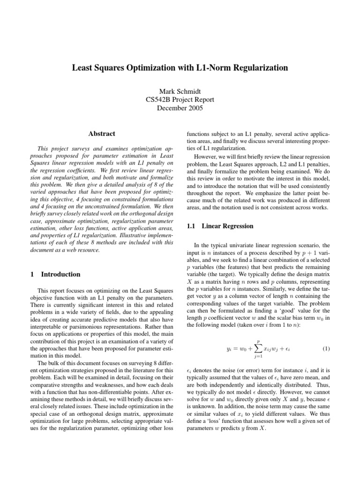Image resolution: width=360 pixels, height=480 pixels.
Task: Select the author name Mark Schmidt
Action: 180,90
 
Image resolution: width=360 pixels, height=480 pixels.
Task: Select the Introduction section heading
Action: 60,274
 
